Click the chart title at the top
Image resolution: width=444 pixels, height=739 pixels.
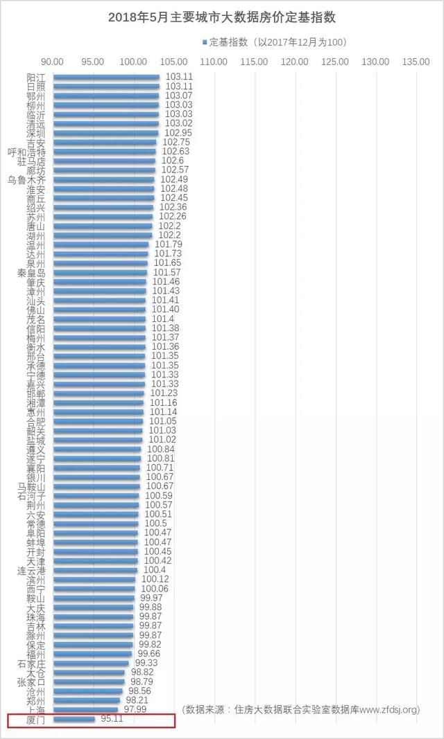222,17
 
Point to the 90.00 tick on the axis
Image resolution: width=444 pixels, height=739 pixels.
53,62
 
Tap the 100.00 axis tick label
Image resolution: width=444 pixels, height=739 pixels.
134,62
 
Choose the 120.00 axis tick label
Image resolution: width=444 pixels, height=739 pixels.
296,62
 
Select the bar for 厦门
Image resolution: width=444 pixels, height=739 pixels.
74,720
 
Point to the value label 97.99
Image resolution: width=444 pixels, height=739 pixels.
135,710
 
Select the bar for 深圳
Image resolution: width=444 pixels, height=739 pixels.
105,133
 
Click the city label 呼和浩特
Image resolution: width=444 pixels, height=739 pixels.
26,152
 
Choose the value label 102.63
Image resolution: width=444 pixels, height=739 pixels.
176,152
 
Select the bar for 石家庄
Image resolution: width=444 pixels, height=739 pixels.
91,663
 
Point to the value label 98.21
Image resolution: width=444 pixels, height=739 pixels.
137,700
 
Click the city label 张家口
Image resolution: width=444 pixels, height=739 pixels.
31,682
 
